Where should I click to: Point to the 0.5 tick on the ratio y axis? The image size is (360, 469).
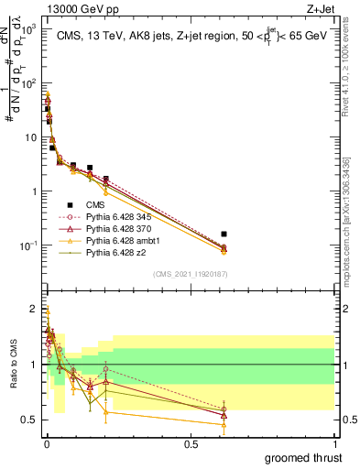coord(30,420)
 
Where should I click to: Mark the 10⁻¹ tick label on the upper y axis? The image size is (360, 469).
coord(27,245)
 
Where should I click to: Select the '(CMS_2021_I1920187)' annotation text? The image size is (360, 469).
coord(191,273)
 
